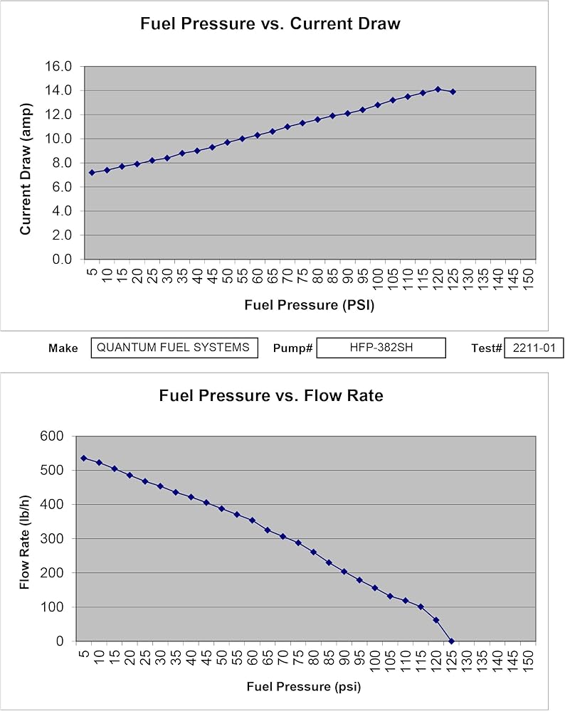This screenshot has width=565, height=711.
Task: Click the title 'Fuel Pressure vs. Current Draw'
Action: (x=270, y=23)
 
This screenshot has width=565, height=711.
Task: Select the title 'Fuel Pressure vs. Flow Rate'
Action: (x=271, y=395)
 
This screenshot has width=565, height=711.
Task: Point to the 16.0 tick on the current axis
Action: (x=58, y=67)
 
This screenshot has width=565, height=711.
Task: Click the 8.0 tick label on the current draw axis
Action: (x=62, y=163)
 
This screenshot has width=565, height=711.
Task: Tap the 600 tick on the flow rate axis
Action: (x=52, y=437)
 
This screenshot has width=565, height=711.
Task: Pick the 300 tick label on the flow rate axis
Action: (x=52, y=539)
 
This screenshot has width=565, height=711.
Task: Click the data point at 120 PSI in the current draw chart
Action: (x=438, y=90)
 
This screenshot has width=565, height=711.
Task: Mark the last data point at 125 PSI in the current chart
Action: (x=453, y=92)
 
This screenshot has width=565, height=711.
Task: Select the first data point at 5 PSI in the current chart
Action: (x=92, y=172)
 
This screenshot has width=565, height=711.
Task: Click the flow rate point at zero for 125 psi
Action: (x=452, y=641)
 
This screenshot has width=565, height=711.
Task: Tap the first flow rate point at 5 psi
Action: (x=83, y=458)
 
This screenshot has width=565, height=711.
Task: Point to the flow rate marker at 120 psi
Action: (x=436, y=620)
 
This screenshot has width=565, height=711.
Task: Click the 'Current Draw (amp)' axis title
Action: (x=26, y=169)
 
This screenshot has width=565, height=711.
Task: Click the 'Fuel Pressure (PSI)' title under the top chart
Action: (x=310, y=305)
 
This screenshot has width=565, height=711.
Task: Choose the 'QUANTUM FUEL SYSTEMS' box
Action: (x=174, y=348)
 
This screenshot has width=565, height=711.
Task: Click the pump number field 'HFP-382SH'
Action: (x=381, y=348)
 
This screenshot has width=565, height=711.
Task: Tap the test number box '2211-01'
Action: (x=534, y=348)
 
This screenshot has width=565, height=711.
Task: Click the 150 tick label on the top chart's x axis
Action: (x=528, y=276)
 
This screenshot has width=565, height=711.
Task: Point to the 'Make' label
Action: (x=63, y=348)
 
